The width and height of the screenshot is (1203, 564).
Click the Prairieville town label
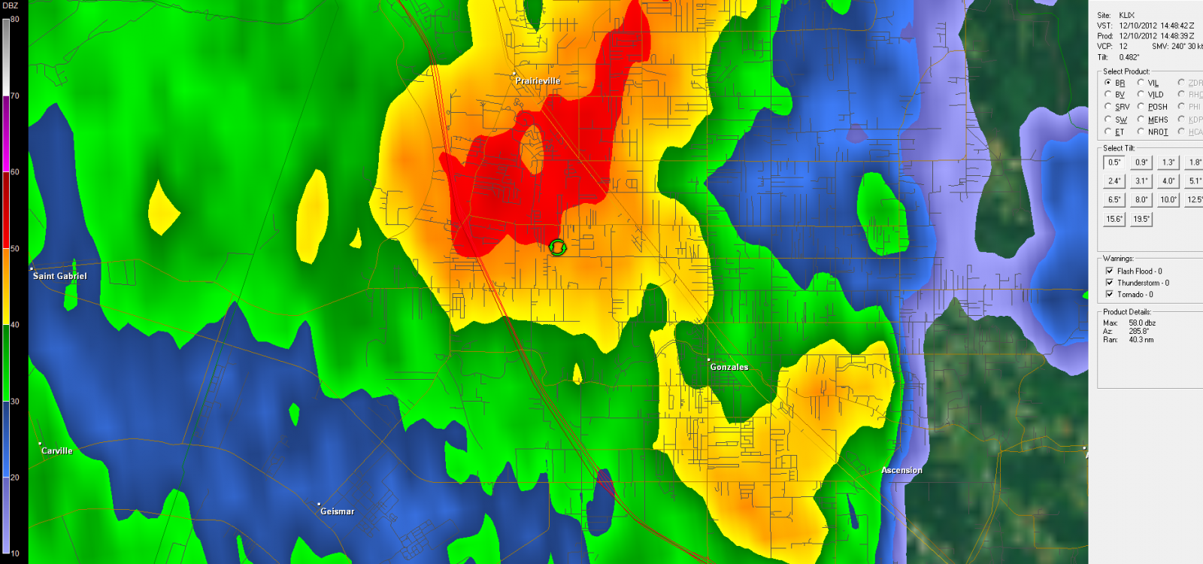point(538,81)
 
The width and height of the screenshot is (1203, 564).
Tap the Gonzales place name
point(729,367)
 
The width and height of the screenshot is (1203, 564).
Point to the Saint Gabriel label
point(59,276)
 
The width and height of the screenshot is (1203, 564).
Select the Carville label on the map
point(57,450)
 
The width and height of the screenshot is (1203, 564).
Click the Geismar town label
point(337,511)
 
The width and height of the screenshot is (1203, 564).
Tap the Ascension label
point(901,470)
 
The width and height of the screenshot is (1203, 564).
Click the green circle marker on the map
point(557,247)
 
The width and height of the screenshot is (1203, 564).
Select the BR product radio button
point(1108,83)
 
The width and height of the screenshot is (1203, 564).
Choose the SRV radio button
point(1108,107)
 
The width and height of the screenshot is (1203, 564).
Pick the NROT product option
point(1141,132)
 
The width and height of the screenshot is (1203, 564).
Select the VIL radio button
point(1141,83)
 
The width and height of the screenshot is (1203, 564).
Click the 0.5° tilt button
point(1114,162)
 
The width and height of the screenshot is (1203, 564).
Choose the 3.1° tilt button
point(1141,181)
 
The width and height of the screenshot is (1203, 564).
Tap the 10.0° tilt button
point(1168,200)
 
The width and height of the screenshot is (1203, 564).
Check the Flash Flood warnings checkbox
point(1110,271)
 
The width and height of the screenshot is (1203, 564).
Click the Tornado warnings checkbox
point(1110,294)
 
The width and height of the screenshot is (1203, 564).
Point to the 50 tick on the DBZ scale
point(14,248)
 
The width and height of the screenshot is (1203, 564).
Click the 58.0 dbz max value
point(1142,323)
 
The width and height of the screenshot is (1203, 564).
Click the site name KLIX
point(1126,15)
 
